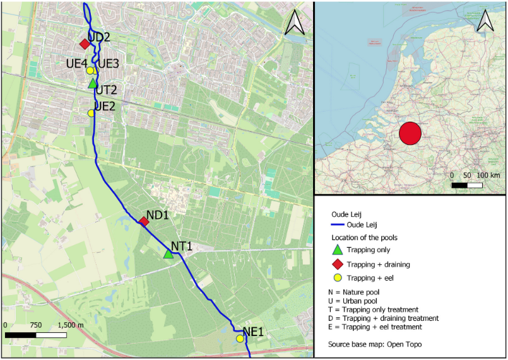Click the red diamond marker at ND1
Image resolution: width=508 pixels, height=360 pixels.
(x=144, y=221)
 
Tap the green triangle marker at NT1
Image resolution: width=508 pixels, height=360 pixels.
(x=168, y=254)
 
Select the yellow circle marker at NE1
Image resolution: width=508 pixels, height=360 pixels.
(x=240, y=339)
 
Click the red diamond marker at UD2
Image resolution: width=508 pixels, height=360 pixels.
(x=84, y=44)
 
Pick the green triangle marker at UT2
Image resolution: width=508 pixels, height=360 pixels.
(x=93, y=83)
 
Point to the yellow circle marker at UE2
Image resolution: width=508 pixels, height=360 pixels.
(x=91, y=113)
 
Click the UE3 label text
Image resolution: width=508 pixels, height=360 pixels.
(x=108, y=63)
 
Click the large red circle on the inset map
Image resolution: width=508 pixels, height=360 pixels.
(x=410, y=134)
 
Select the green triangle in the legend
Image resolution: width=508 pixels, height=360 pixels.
(x=336, y=249)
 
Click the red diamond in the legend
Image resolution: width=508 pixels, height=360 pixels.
(x=336, y=263)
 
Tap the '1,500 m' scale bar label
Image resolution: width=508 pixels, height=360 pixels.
(x=70, y=325)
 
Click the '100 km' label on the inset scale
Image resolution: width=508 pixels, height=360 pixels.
(x=488, y=174)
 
